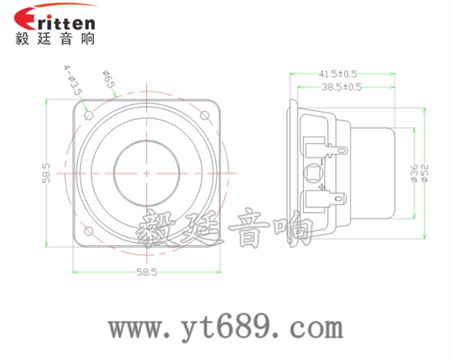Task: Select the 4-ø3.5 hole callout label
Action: point(72,80)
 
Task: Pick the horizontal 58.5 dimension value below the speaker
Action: point(147,274)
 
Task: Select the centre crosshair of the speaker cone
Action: point(146,173)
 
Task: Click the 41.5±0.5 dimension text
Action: point(342,72)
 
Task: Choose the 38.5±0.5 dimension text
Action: point(342,86)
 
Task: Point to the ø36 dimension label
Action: point(414,173)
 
